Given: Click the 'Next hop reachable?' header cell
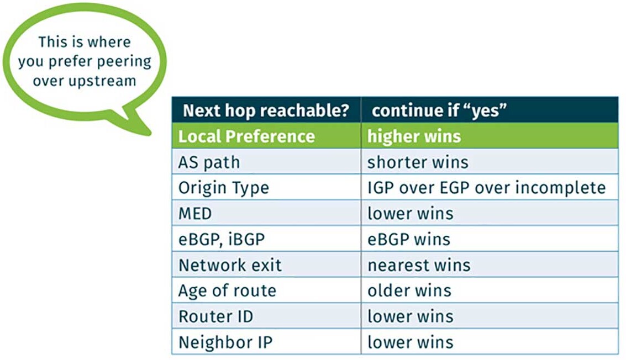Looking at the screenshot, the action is (x=266, y=110).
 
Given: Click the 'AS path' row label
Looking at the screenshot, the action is (x=209, y=162).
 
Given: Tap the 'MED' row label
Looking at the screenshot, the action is (x=195, y=214).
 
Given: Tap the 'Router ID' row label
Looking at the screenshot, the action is (x=215, y=316).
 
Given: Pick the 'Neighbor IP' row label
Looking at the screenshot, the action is (x=225, y=342).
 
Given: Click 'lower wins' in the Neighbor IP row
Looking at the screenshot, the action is (x=411, y=342).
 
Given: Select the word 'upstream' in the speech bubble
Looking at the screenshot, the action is (x=102, y=81).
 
